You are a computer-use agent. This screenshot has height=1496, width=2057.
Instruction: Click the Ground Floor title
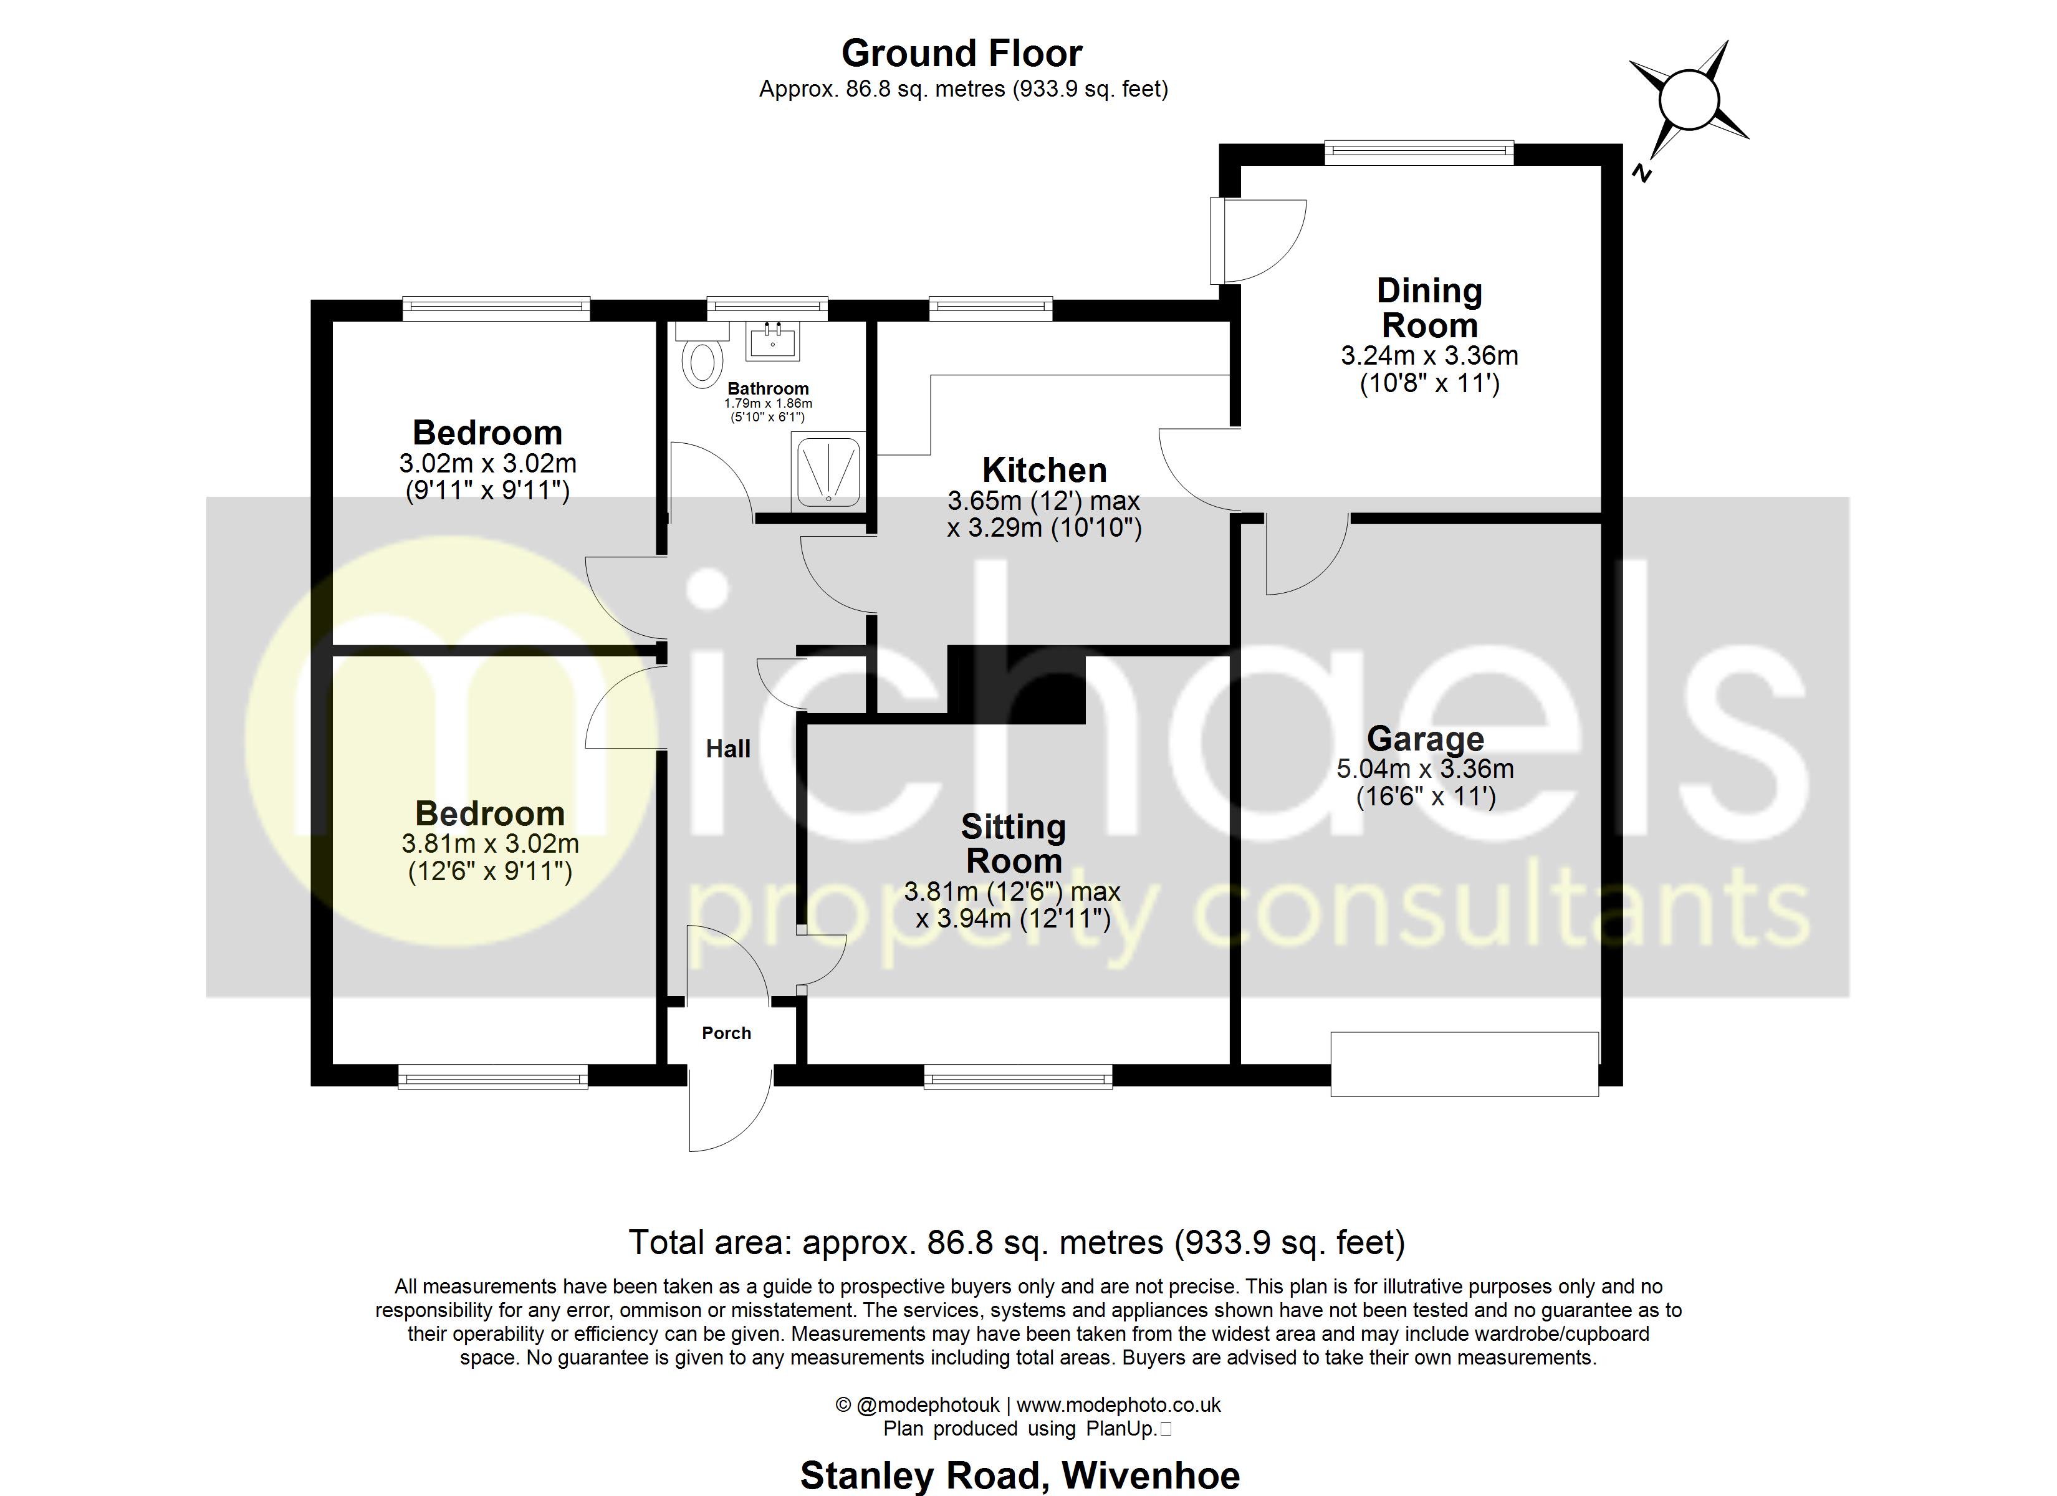[x=961, y=54]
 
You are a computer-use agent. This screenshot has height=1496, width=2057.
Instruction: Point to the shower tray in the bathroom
[x=827, y=471]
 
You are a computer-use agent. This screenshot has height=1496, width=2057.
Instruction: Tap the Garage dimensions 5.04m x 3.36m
[x=1425, y=769]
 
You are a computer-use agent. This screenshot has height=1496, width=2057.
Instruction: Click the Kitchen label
[x=1044, y=470]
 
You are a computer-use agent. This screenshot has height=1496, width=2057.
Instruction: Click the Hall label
[x=728, y=749]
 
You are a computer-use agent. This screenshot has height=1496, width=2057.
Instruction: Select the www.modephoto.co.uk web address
[x=1118, y=1405]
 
